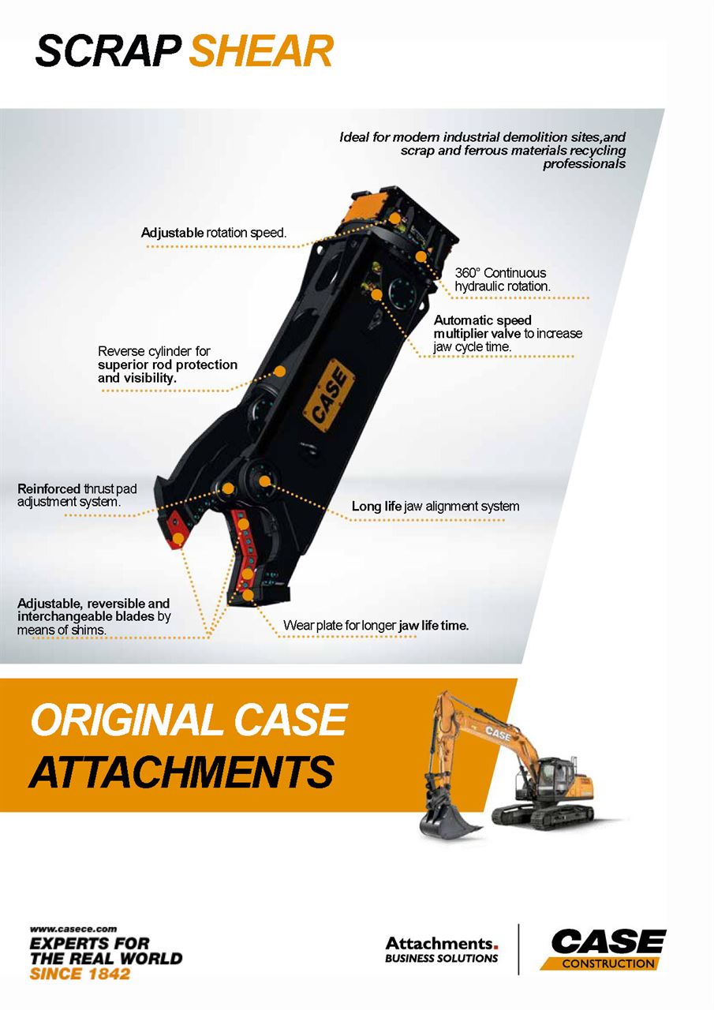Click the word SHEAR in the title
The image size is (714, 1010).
point(261,51)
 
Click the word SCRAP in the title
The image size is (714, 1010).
point(109,51)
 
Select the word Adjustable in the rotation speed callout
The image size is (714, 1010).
point(172,233)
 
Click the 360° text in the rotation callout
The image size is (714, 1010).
point(468,273)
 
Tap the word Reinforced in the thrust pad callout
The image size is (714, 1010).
point(49,488)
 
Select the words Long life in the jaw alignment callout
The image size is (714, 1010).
point(376,506)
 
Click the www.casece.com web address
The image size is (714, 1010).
point(73,929)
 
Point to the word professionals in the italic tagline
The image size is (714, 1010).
point(584,163)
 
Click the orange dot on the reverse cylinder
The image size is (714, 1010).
point(280,371)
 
